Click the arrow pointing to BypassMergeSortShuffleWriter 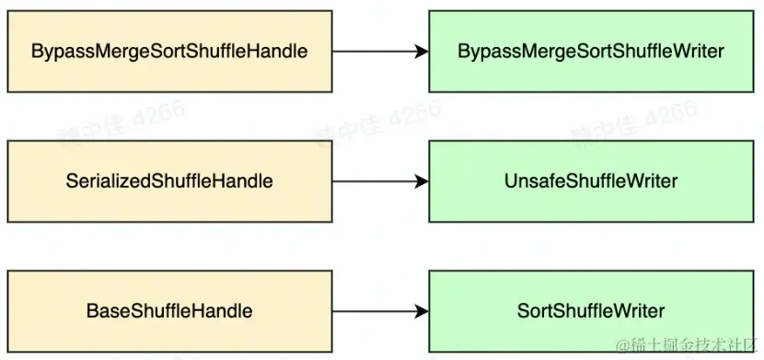coord(377,52)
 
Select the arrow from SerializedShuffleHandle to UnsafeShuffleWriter coord(377,181)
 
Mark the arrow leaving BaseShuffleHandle coord(377,311)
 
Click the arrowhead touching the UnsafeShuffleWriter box coord(422,181)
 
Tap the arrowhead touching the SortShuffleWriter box coord(422,311)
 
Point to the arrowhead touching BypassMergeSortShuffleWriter coord(422,52)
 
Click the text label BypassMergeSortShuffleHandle coord(169,52)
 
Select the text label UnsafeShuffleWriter coord(591,181)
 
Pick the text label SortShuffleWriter coord(591,311)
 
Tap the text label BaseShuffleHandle coord(169,311)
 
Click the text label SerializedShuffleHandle coord(169,181)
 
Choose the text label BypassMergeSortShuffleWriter coord(591,52)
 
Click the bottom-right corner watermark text coord(694,345)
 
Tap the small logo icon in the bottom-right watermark coord(624,345)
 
